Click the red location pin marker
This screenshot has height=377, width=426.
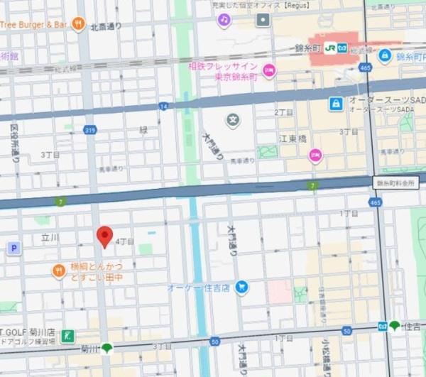[104, 236]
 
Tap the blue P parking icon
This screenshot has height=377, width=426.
[13, 248]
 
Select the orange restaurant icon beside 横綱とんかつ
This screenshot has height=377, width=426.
[58, 271]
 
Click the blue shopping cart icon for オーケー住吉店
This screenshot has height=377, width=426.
[242, 287]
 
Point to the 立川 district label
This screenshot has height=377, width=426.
[50, 238]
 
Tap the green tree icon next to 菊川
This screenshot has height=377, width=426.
[106, 348]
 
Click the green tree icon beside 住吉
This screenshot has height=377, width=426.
[394, 326]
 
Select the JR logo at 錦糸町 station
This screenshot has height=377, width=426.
[330, 48]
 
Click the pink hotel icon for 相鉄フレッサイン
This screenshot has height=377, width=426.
[268, 70]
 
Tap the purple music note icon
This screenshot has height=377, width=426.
[224, 20]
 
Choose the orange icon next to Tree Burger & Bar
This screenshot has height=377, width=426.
[80, 24]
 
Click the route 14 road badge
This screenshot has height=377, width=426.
[163, 106]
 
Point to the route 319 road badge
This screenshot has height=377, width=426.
[89, 129]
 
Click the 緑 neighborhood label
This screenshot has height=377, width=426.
[143, 130]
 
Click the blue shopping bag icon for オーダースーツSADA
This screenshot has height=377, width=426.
[335, 104]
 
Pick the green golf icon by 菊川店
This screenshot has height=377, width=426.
[67, 335]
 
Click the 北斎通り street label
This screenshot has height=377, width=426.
[106, 27]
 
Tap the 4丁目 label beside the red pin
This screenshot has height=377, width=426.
[124, 241]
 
